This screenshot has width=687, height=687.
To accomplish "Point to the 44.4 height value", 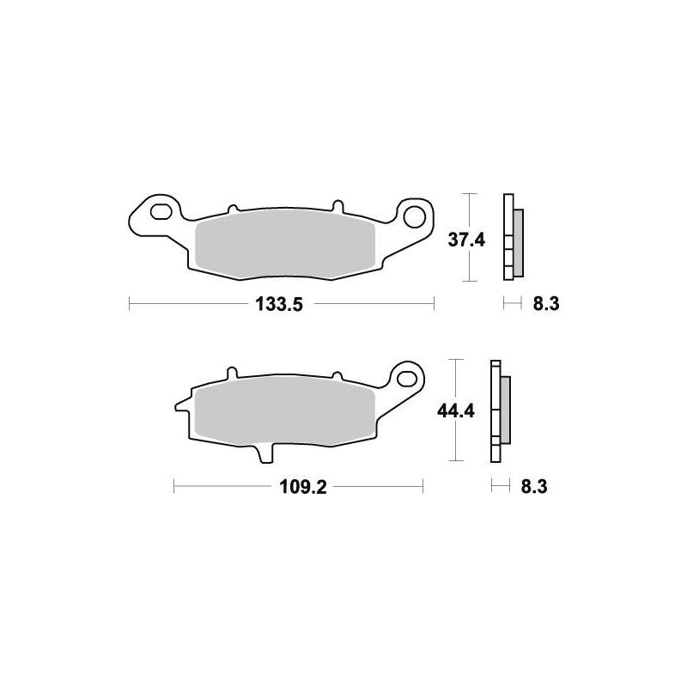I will (456, 410).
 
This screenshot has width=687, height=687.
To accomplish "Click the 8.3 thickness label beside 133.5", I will (546, 303).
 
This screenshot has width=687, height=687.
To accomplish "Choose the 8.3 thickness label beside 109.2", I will (533, 487).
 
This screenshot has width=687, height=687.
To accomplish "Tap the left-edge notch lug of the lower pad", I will (181, 403).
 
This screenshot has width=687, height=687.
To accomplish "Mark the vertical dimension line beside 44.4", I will (457, 410).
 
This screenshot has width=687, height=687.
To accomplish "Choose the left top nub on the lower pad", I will (230, 373).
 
